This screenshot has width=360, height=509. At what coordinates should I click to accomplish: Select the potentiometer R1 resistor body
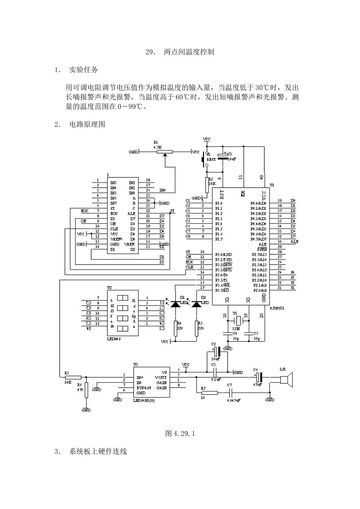[x=165, y=152]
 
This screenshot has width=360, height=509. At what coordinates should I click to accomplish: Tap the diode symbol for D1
[x=175, y=304]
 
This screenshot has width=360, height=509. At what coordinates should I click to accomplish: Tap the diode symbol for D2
[x=196, y=304]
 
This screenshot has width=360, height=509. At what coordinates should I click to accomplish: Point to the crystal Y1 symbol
[x=237, y=321]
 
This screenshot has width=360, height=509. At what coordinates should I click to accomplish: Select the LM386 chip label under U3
[x=144, y=400]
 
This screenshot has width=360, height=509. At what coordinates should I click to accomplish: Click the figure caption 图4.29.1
[x=180, y=433]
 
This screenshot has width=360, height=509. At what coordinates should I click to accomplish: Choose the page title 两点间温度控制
[x=189, y=52]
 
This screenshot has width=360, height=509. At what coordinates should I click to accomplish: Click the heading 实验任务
[x=83, y=70]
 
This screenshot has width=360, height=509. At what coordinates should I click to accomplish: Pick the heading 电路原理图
[x=87, y=124]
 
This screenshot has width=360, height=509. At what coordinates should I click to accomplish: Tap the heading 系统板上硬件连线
[x=98, y=451]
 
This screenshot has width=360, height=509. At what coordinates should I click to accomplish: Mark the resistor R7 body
[x=209, y=393]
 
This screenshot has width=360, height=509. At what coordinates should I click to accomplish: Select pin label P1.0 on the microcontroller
[x=219, y=203]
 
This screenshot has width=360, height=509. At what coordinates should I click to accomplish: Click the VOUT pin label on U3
[x=161, y=378]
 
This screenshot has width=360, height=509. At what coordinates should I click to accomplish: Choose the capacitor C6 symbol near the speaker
[x=258, y=377]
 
